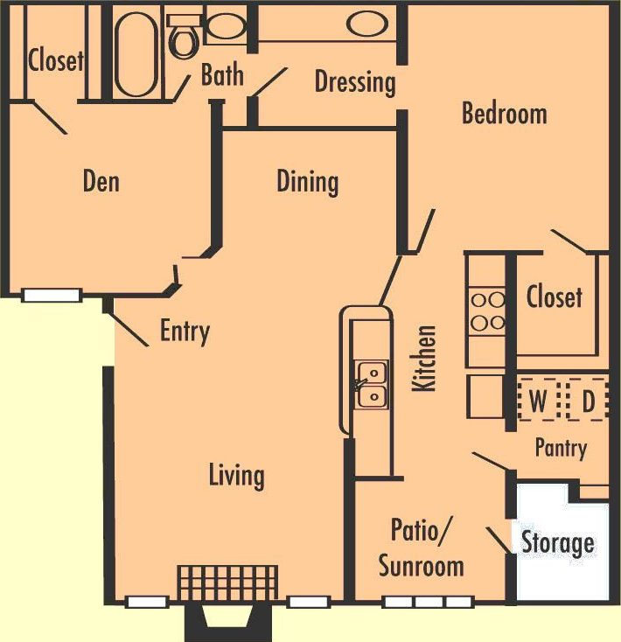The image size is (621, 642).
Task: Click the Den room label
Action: (x=101, y=181)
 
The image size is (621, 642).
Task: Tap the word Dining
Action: (x=307, y=181)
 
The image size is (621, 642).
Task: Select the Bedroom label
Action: (x=504, y=113)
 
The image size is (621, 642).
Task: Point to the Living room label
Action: (x=236, y=475)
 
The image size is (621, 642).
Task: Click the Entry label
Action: (x=185, y=331)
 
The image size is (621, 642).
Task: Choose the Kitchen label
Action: (x=425, y=359)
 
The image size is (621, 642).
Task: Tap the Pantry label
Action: (x=560, y=448)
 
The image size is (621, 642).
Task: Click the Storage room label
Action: (x=557, y=542)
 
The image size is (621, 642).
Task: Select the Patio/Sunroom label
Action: (x=421, y=548)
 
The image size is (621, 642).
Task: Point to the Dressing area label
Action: (x=354, y=82)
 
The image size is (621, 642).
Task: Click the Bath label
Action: (x=222, y=74)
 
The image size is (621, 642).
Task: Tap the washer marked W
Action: (x=539, y=401)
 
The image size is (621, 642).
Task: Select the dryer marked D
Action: (x=588, y=401)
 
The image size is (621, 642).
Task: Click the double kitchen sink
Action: (x=371, y=385)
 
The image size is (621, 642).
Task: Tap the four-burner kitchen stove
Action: (x=487, y=311)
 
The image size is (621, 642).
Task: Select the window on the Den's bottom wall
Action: (x=52, y=296)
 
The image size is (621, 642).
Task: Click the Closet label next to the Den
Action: (x=56, y=60)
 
